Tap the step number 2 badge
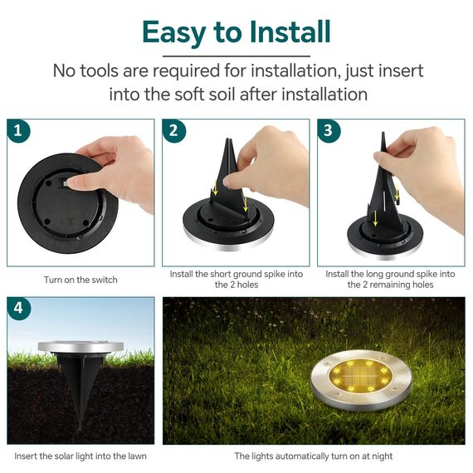[x=173, y=130]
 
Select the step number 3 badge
[x=329, y=130]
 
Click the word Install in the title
[x=282, y=32]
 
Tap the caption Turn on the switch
[x=80, y=280]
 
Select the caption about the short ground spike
[x=236, y=279]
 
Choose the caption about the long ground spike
[x=391, y=279]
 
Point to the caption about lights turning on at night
[x=314, y=456]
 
